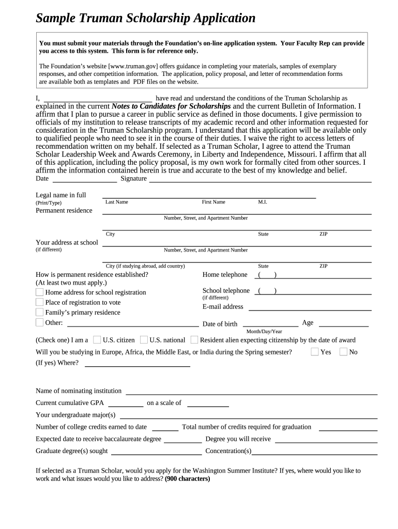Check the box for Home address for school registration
point(40,292)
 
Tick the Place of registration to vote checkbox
point(40,302)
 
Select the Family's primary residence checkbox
point(40,312)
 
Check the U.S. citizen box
point(97,340)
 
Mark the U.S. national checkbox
point(144,340)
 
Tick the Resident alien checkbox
point(194,340)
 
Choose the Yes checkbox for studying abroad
point(315,352)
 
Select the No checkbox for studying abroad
point(343,352)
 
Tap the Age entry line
point(343,325)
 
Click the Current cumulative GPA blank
point(126,406)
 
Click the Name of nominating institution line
point(251,393)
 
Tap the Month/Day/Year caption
point(264,332)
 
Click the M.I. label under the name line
point(263,202)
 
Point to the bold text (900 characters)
point(188,478)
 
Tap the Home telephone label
point(225,275)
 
